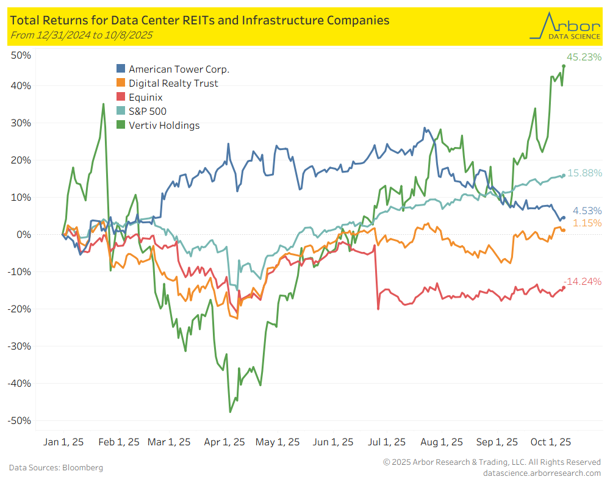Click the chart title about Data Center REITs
pos(199,20)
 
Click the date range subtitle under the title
pos(81,35)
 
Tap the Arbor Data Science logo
pos(564,26)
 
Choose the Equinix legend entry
pos(146,97)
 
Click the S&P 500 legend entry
pos(148,111)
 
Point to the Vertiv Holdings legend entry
pos(164,125)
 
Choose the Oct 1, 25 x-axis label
pos(551,442)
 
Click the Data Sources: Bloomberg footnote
pos(56,468)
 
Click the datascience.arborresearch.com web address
pos(542,473)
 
